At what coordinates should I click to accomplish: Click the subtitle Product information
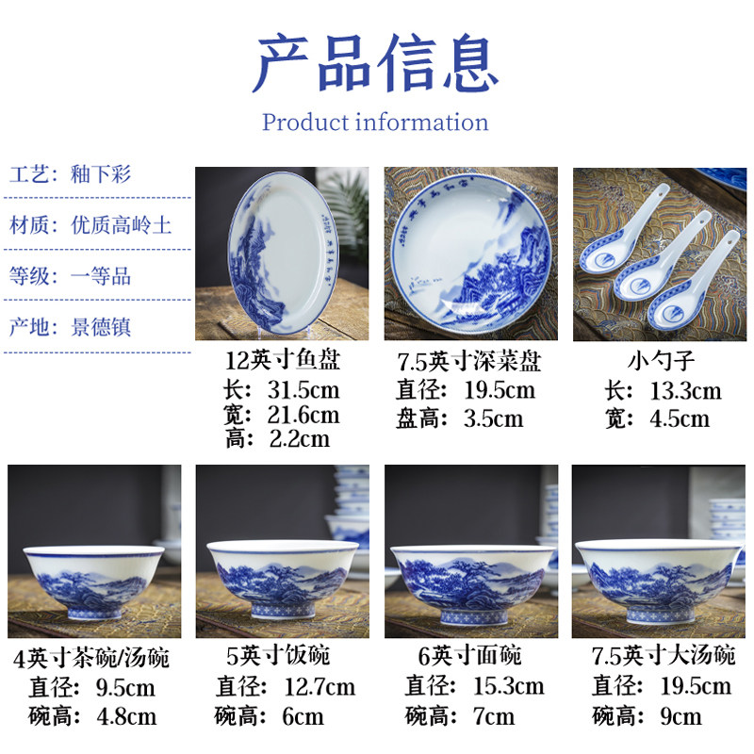click(x=375, y=123)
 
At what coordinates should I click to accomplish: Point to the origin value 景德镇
click(x=102, y=327)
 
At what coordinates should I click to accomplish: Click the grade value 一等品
click(x=102, y=276)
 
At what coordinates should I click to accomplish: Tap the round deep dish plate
click(x=470, y=254)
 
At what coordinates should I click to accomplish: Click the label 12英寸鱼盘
click(x=283, y=360)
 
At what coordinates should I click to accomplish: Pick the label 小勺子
click(x=659, y=360)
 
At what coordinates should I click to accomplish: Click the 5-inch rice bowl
click(x=270, y=577)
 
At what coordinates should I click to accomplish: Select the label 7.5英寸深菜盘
click(x=469, y=361)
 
